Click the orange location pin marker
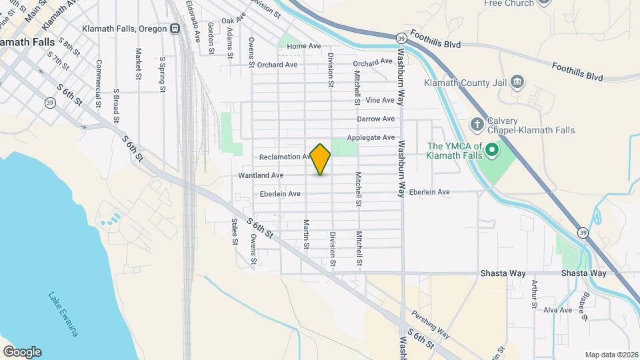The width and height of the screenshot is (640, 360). point(321,159)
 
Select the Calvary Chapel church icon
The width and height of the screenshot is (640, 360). point(477,124)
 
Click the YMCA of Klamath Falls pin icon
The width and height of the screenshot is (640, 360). point(492,150)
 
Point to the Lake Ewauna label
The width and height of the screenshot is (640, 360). point(63,315)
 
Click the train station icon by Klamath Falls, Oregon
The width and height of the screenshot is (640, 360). point(175,29)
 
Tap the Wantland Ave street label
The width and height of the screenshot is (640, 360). point(261,175)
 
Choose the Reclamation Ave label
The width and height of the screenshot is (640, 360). point(285,157)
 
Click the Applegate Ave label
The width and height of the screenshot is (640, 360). point(371,138)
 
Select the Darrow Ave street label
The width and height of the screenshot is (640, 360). point(376,119)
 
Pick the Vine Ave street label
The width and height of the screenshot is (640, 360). point(381,101)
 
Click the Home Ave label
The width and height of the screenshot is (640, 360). point(304,46)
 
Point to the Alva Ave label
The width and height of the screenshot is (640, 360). point(557,310)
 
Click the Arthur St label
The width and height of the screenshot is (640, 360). point(535,294)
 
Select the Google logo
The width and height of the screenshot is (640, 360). point(22,352)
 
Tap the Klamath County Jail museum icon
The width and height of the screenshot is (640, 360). point(517,83)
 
